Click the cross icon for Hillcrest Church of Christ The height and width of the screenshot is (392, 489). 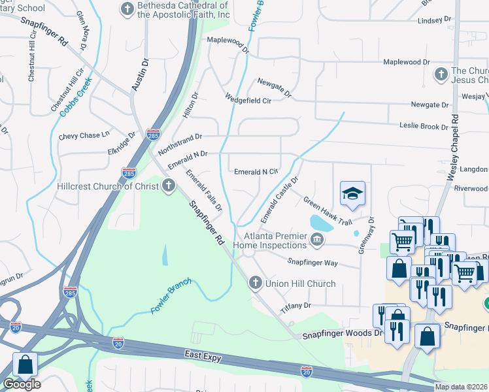[169, 186]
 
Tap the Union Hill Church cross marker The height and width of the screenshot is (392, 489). [255, 284]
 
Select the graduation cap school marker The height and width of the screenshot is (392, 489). [352, 194]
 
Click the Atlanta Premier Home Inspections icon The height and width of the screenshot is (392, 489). [316, 240]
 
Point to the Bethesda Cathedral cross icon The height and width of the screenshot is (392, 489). [127, 9]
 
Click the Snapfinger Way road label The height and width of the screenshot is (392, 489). [312, 261]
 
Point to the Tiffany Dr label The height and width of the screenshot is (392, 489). [295, 305]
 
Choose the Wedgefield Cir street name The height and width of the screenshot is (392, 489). [248, 100]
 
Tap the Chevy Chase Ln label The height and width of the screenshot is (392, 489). [84, 135]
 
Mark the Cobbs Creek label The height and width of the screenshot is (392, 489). [76, 98]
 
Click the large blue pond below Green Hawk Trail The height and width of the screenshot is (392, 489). [320, 223]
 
